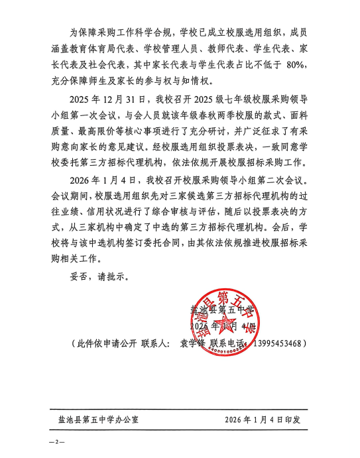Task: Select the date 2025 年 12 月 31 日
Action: coord(105,99)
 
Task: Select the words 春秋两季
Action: coord(172,117)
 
